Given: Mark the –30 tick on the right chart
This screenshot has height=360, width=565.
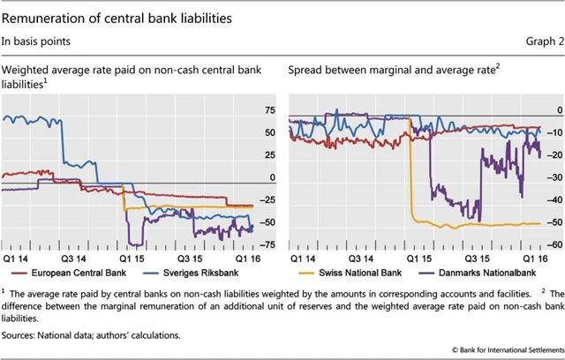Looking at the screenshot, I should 554,177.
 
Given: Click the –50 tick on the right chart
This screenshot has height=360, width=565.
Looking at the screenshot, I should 554,222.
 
